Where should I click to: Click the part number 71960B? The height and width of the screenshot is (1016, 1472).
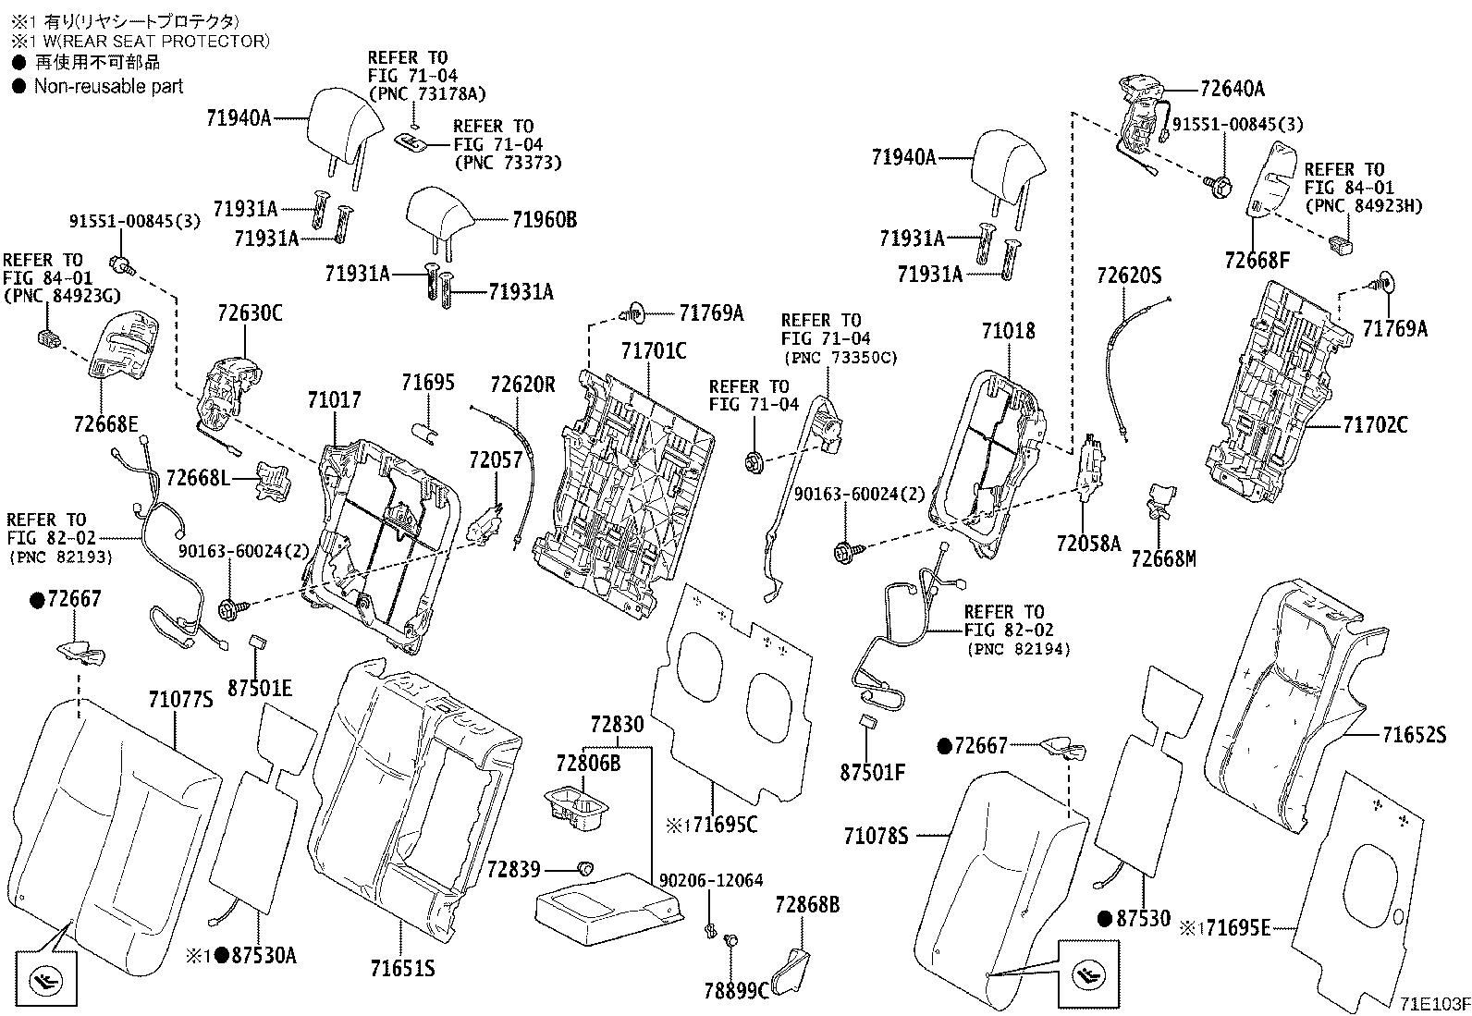544,220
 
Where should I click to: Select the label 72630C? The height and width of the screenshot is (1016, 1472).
250,313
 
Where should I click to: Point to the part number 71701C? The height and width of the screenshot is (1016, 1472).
654,351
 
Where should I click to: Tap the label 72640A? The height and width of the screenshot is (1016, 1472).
1232,89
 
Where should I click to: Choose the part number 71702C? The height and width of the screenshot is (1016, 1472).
1375,425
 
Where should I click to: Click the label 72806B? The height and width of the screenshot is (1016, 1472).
588,763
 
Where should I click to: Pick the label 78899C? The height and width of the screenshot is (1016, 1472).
736,991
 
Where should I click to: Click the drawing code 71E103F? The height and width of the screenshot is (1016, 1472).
1434,1004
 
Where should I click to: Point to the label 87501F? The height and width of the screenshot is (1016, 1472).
872,771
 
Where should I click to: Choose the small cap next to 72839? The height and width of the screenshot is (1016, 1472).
584,868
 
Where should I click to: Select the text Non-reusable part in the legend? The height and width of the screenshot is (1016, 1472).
108,87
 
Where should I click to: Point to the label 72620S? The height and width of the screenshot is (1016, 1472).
1128,275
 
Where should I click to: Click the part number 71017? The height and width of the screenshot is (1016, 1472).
334,400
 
